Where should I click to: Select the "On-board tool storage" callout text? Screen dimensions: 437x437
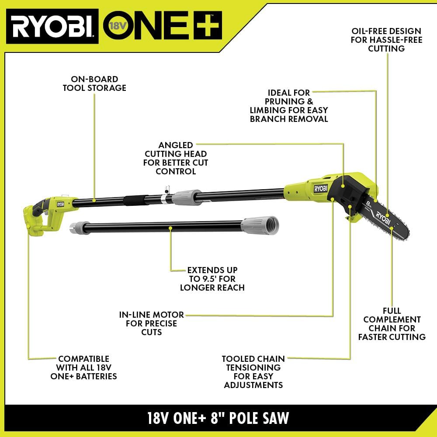(94, 83)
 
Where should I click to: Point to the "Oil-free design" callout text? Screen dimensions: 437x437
(386, 40)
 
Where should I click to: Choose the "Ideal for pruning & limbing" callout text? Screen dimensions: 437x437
(289, 105)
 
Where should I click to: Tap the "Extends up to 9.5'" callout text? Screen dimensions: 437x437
(212, 279)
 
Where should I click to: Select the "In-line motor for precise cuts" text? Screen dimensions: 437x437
(152, 323)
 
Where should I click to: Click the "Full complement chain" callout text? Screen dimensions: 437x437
(392, 323)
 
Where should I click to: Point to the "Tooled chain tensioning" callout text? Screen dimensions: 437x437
(253, 371)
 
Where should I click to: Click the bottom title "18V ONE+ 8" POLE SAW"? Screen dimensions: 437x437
(218, 418)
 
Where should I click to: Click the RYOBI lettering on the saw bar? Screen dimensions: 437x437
(382, 216)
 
